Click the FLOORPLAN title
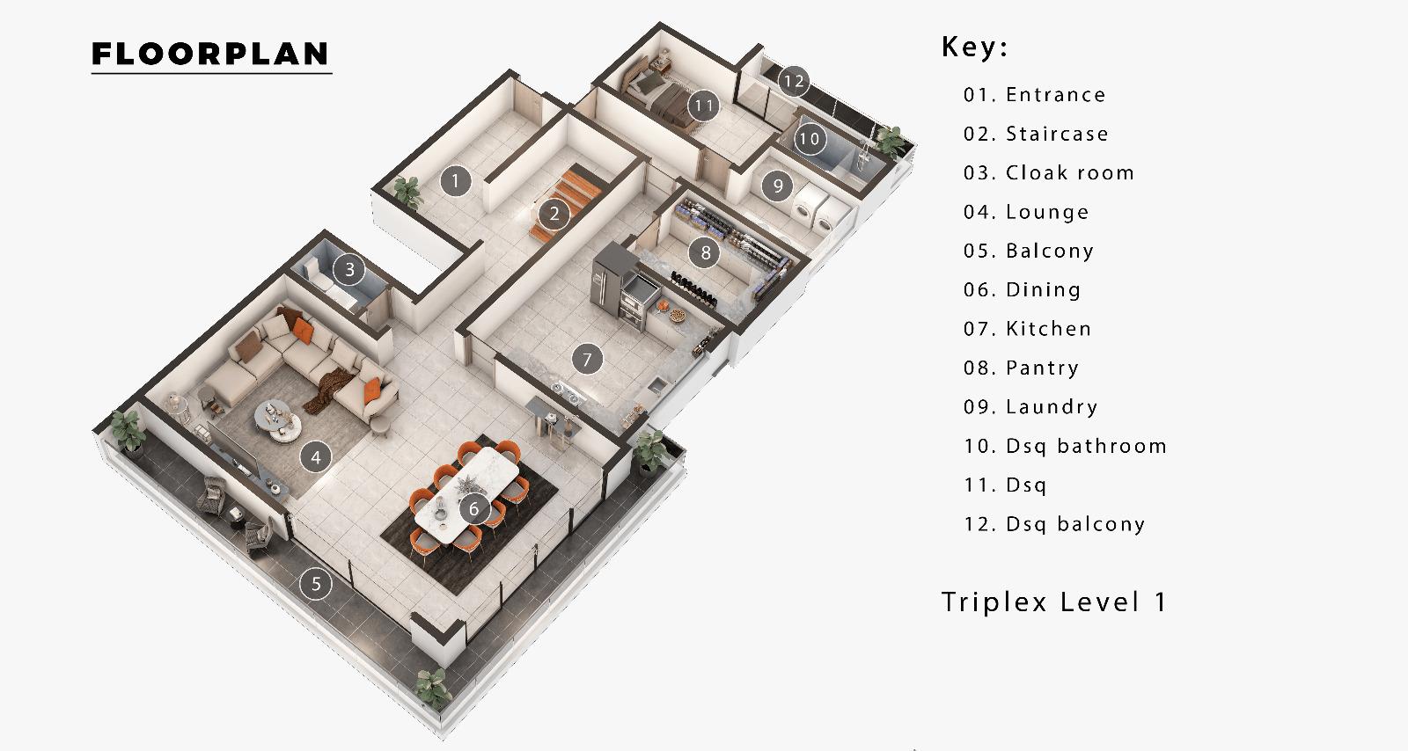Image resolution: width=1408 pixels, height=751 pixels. [x=210, y=54]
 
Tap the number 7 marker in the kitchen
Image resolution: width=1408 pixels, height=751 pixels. [x=587, y=359]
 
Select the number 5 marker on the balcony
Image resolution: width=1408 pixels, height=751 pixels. [x=316, y=584]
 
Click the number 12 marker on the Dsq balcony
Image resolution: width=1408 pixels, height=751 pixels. [x=793, y=81]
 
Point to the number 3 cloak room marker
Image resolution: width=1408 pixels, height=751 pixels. [x=349, y=270]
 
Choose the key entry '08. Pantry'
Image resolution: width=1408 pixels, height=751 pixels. [x=1021, y=368]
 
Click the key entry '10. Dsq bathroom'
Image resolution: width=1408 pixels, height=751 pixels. [x=1065, y=446]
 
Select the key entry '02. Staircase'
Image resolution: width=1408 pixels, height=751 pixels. [x=1036, y=134]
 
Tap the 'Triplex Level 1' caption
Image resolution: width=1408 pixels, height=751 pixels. [x=1053, y=602]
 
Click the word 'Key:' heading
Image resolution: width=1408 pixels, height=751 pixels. [x=974, y=47]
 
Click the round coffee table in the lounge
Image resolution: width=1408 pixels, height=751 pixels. [x=278, y=419]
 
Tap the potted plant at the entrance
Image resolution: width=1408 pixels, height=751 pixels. [x=408, y=192]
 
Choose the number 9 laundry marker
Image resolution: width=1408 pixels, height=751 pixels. [x=778, y=186]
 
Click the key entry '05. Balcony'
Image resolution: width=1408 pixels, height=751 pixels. [x=1029, y=252]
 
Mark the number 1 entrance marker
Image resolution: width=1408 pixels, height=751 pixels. [x=455, y=181]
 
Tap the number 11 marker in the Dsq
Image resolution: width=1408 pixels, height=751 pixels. [x=703, y=106]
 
